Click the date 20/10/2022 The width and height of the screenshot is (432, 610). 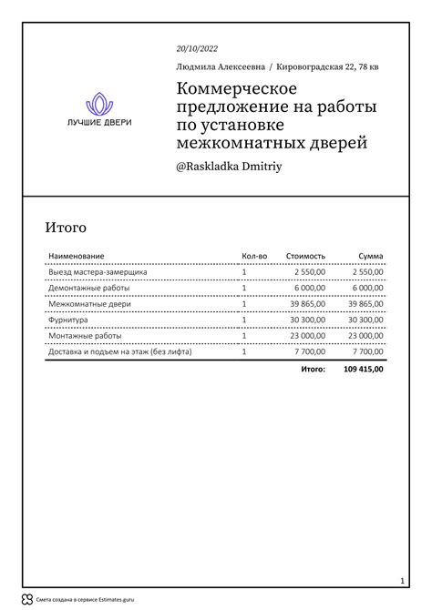pos(197,48)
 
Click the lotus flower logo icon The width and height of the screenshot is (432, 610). pos(98,104)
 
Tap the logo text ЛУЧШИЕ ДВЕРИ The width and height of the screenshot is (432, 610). pos(98,123)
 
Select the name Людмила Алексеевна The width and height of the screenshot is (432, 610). pos(221,66)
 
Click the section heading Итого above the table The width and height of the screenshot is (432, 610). pos(66,227)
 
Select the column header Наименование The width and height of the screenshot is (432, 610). pos(77,256)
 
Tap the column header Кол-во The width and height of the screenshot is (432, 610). pos(254,256)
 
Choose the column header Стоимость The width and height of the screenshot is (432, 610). pos(304,256)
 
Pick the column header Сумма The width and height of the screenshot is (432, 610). pos(370,256)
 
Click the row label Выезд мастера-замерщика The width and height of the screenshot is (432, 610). pos(98,272)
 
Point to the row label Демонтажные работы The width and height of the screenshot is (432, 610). pos(88,288)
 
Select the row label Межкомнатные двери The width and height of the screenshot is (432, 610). pos(88,304)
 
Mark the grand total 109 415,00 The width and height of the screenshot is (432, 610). pos(364,370)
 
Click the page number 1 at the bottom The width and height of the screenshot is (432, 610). pos(402,580)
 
